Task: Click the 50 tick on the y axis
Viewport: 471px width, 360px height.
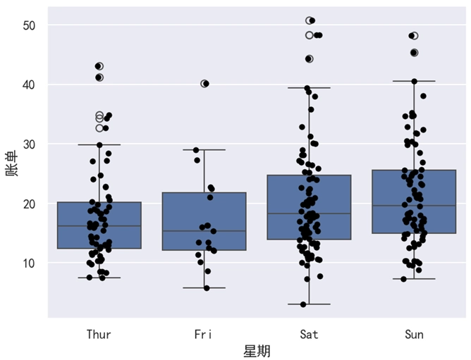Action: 36,25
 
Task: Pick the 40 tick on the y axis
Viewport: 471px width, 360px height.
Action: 36,85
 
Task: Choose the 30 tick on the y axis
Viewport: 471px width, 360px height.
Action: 36,144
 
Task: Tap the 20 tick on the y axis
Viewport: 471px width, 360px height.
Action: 36,204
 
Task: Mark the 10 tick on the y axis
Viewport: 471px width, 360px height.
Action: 36,263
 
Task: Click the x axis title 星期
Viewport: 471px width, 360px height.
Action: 257,351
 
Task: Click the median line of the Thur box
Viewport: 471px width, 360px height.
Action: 99,226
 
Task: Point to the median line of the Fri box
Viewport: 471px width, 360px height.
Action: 204,231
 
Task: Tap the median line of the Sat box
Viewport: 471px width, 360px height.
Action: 309,213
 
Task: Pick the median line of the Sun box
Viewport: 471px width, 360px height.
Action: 414,206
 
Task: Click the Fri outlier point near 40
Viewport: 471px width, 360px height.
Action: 204,83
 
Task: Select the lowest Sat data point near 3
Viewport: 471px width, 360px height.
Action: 303,304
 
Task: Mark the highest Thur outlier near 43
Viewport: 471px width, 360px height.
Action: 99,66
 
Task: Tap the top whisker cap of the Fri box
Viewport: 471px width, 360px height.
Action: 204,149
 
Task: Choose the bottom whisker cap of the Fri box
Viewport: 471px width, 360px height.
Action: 204,287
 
